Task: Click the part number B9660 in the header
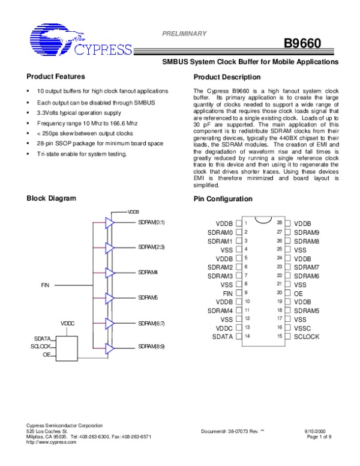click(x=303, y=44)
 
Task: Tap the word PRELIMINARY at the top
click(x=185, y=34)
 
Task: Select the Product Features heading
click(x=56, y=76)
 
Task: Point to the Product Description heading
click(x=227, y=77)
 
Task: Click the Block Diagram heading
click(x=51, y=198)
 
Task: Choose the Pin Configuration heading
click(x=223, y=199)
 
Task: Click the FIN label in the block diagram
click(x=45, y=284)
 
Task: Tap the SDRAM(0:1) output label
click(x=151, y=222)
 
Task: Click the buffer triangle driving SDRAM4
click(x=109, y=273)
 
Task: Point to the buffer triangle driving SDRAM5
click(x=109, y=298)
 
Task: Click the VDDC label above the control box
click(x=67, y=324)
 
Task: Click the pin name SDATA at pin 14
click(x=222, y=337)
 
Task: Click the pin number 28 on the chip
click(x=280, y=222)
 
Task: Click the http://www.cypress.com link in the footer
click(x=52, y=442)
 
